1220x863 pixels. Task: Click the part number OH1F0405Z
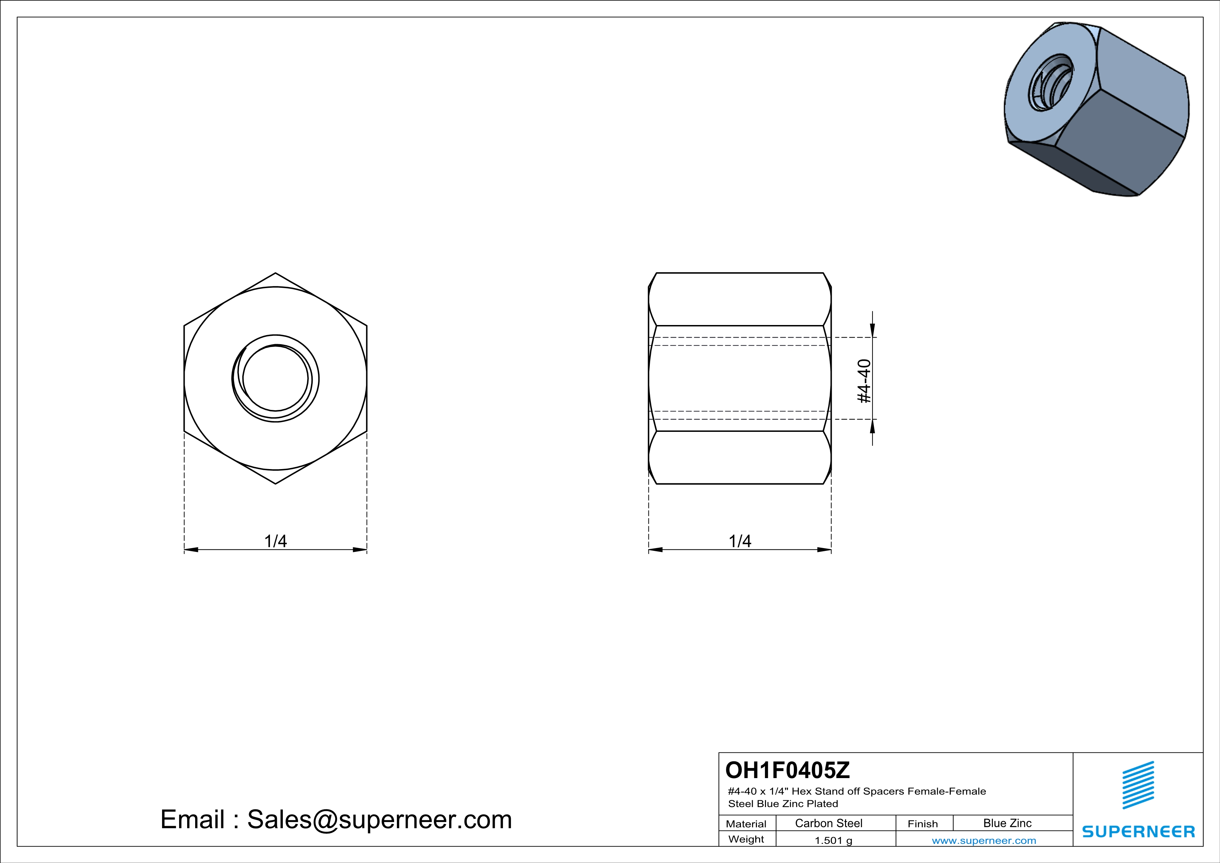788,770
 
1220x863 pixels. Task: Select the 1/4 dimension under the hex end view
275,541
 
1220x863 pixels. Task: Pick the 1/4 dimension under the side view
740,541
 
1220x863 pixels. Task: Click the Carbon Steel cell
828,823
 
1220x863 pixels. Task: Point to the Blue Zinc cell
1007,823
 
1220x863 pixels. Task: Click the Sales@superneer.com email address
379,820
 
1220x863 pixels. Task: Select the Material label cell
746,824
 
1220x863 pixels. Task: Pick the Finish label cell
923,824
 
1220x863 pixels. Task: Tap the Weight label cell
746,839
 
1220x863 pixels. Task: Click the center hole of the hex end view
275,378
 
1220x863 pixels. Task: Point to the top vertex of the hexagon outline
275,273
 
